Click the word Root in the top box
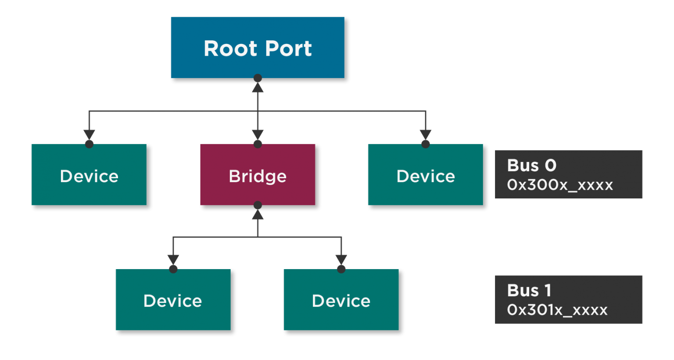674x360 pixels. (231, 48)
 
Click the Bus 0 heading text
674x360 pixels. (531, 166)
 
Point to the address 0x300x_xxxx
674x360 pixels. (559, 185)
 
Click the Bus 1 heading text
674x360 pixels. (529, 291)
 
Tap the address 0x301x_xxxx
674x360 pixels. (557, 310)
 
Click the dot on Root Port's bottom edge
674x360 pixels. (258, 78)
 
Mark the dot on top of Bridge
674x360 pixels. (258, 144)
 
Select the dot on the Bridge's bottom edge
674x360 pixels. (258, 205)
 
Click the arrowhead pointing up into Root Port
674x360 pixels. (258, 87)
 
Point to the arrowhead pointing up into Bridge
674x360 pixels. (258, 214)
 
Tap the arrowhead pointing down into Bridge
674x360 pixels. (258, 134)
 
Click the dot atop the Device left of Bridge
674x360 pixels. (89, 144)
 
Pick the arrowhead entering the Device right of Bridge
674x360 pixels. (426, 134)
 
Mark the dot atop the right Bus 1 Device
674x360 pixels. (341, 269)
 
